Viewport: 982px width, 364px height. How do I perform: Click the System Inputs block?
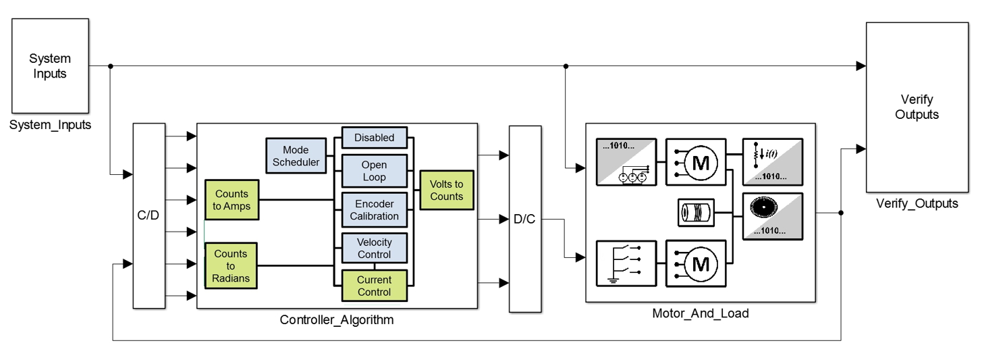(50, 66)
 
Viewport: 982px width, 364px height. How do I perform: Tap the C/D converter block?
(149, 216)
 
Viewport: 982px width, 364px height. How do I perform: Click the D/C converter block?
(524, 219)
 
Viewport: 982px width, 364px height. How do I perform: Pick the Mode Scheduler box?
(296, 156)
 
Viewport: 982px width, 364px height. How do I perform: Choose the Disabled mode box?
(374, 138)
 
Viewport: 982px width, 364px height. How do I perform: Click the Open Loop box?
(374, 171)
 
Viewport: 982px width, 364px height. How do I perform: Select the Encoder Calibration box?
(374, 210)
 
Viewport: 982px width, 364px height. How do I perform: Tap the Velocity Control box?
(374, 248)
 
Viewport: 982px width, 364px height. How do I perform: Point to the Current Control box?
(374, 286)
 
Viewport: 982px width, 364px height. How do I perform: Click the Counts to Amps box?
(232, 200)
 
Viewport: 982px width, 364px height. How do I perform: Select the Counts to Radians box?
(231, 266)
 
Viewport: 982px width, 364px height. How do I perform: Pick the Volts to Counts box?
(446, 190)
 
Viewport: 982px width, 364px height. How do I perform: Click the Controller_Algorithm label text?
(336, 320)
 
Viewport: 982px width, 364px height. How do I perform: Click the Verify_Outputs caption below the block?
(917, 203)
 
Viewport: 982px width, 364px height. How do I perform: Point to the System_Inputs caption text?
(50, 124)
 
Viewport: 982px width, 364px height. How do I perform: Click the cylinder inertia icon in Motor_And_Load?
(695, 213)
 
